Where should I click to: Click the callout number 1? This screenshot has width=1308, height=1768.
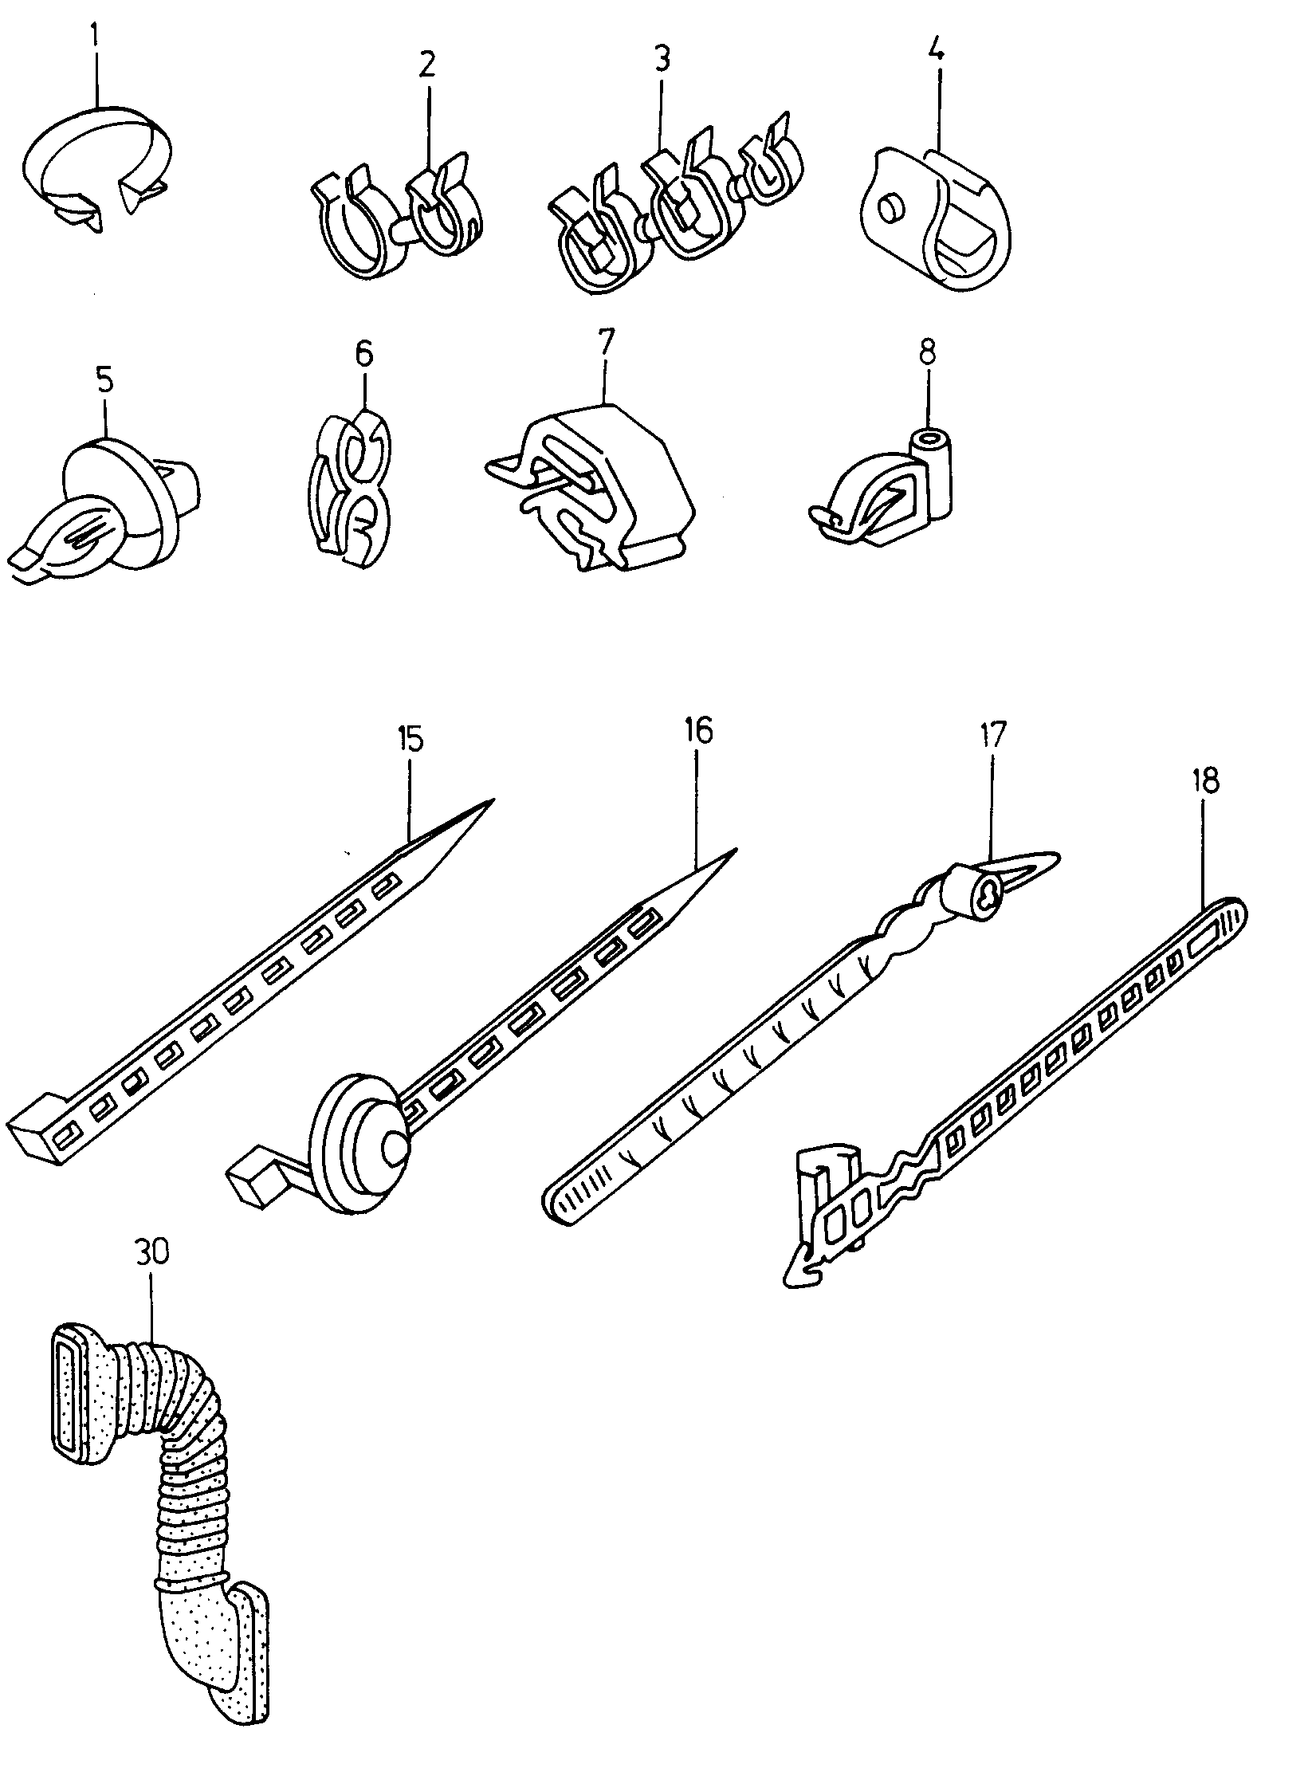[x=96, y=35]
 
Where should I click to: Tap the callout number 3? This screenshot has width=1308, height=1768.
[x=661, y=59]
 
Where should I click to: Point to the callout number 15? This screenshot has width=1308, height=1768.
[x=410, y=739]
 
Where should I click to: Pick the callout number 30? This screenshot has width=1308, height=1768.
[x=151, y=1251]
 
